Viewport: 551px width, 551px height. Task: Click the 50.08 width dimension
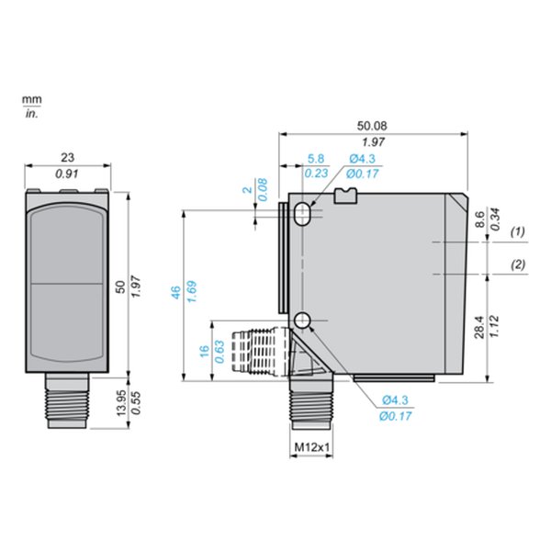(x=372, y=126)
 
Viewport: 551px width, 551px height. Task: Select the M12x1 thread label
(x=312, y=447)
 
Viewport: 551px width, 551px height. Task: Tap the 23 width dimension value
(x=67, y=157)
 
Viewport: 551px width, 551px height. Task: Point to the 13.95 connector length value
(x=121, y=403)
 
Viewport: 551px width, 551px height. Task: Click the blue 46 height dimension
(x=175, y=292)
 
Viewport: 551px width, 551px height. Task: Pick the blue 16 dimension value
(x=205, y=351)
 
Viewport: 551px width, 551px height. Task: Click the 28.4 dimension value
(x=479, y=327)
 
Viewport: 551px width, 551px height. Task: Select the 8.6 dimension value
(x=479, y=219)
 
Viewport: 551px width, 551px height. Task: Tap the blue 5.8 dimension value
(x=316, y=159)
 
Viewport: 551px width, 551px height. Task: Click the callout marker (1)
(x=518, y=231)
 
